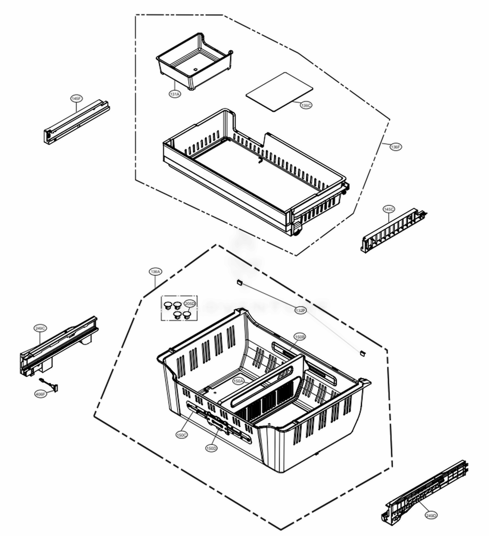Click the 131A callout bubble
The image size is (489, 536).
[x=175, y=94]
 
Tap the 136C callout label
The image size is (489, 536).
[x=306, y=105]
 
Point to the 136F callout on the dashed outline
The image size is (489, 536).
[x=396, y=147]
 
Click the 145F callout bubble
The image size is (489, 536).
[x=76, y=98]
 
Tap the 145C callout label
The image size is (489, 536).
[x=389, y=210]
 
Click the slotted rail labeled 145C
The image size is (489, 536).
[x=391, y=230]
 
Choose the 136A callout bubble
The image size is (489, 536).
[x=156, y=271]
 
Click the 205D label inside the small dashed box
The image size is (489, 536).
[x=190, y=303]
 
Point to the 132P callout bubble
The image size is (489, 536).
[x=300, y=310]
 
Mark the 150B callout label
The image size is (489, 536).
[x=299, y=337]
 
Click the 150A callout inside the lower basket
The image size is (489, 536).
[x=238, y=380]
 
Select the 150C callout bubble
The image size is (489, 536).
[x=182, y=435]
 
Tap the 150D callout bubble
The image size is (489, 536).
[x=211, y=448]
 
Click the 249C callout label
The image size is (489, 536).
[x=40, y=327]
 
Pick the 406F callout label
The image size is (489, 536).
[x=40, y=393]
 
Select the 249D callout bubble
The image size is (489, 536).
[x=431, y=515]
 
